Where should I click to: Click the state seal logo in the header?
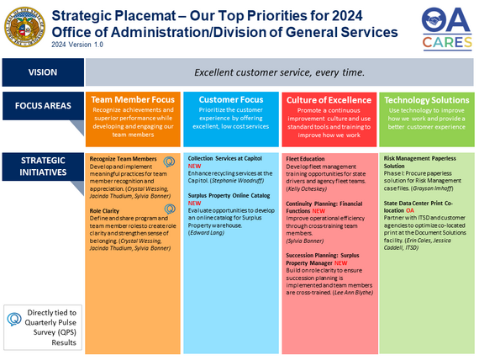26,25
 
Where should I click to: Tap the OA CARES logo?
445,25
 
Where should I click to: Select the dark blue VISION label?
41,72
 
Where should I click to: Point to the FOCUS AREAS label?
41,107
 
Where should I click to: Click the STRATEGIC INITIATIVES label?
41,167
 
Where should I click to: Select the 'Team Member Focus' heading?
133,99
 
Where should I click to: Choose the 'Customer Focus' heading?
230,99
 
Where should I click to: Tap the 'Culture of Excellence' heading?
329,99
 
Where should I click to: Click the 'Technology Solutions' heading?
427,99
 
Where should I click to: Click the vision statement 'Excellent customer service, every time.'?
279,72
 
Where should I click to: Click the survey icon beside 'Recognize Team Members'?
169,161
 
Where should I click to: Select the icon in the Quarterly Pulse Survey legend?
13,319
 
